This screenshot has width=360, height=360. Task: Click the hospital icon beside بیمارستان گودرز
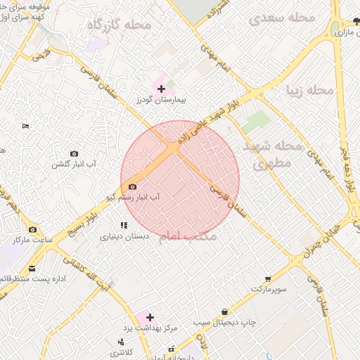[x=162, y=89]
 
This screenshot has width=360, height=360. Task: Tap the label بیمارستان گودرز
[x=162, y=101]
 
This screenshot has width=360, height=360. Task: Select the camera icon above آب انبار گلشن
[x=75, y=153]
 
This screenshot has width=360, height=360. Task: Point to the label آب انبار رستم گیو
[x=134, y=198]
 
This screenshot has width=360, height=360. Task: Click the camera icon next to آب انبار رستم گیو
[x=133, y=186]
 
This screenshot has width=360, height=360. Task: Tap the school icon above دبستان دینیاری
[x=124, y=226]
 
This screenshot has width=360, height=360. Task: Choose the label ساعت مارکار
[x=32, y=240]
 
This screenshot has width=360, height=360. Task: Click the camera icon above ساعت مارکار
[x=32, y=229]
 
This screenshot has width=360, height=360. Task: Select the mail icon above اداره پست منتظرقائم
[x=32, y=269]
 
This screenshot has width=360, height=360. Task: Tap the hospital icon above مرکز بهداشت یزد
[x=149, y=317]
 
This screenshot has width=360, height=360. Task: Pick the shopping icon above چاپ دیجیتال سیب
[x=224, y=311]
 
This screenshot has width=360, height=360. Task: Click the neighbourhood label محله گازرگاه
[x=119, y=25]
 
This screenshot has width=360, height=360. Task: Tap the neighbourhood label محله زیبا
[x=309, y=91]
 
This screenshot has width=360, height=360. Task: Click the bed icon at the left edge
[x=26, y=126]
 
